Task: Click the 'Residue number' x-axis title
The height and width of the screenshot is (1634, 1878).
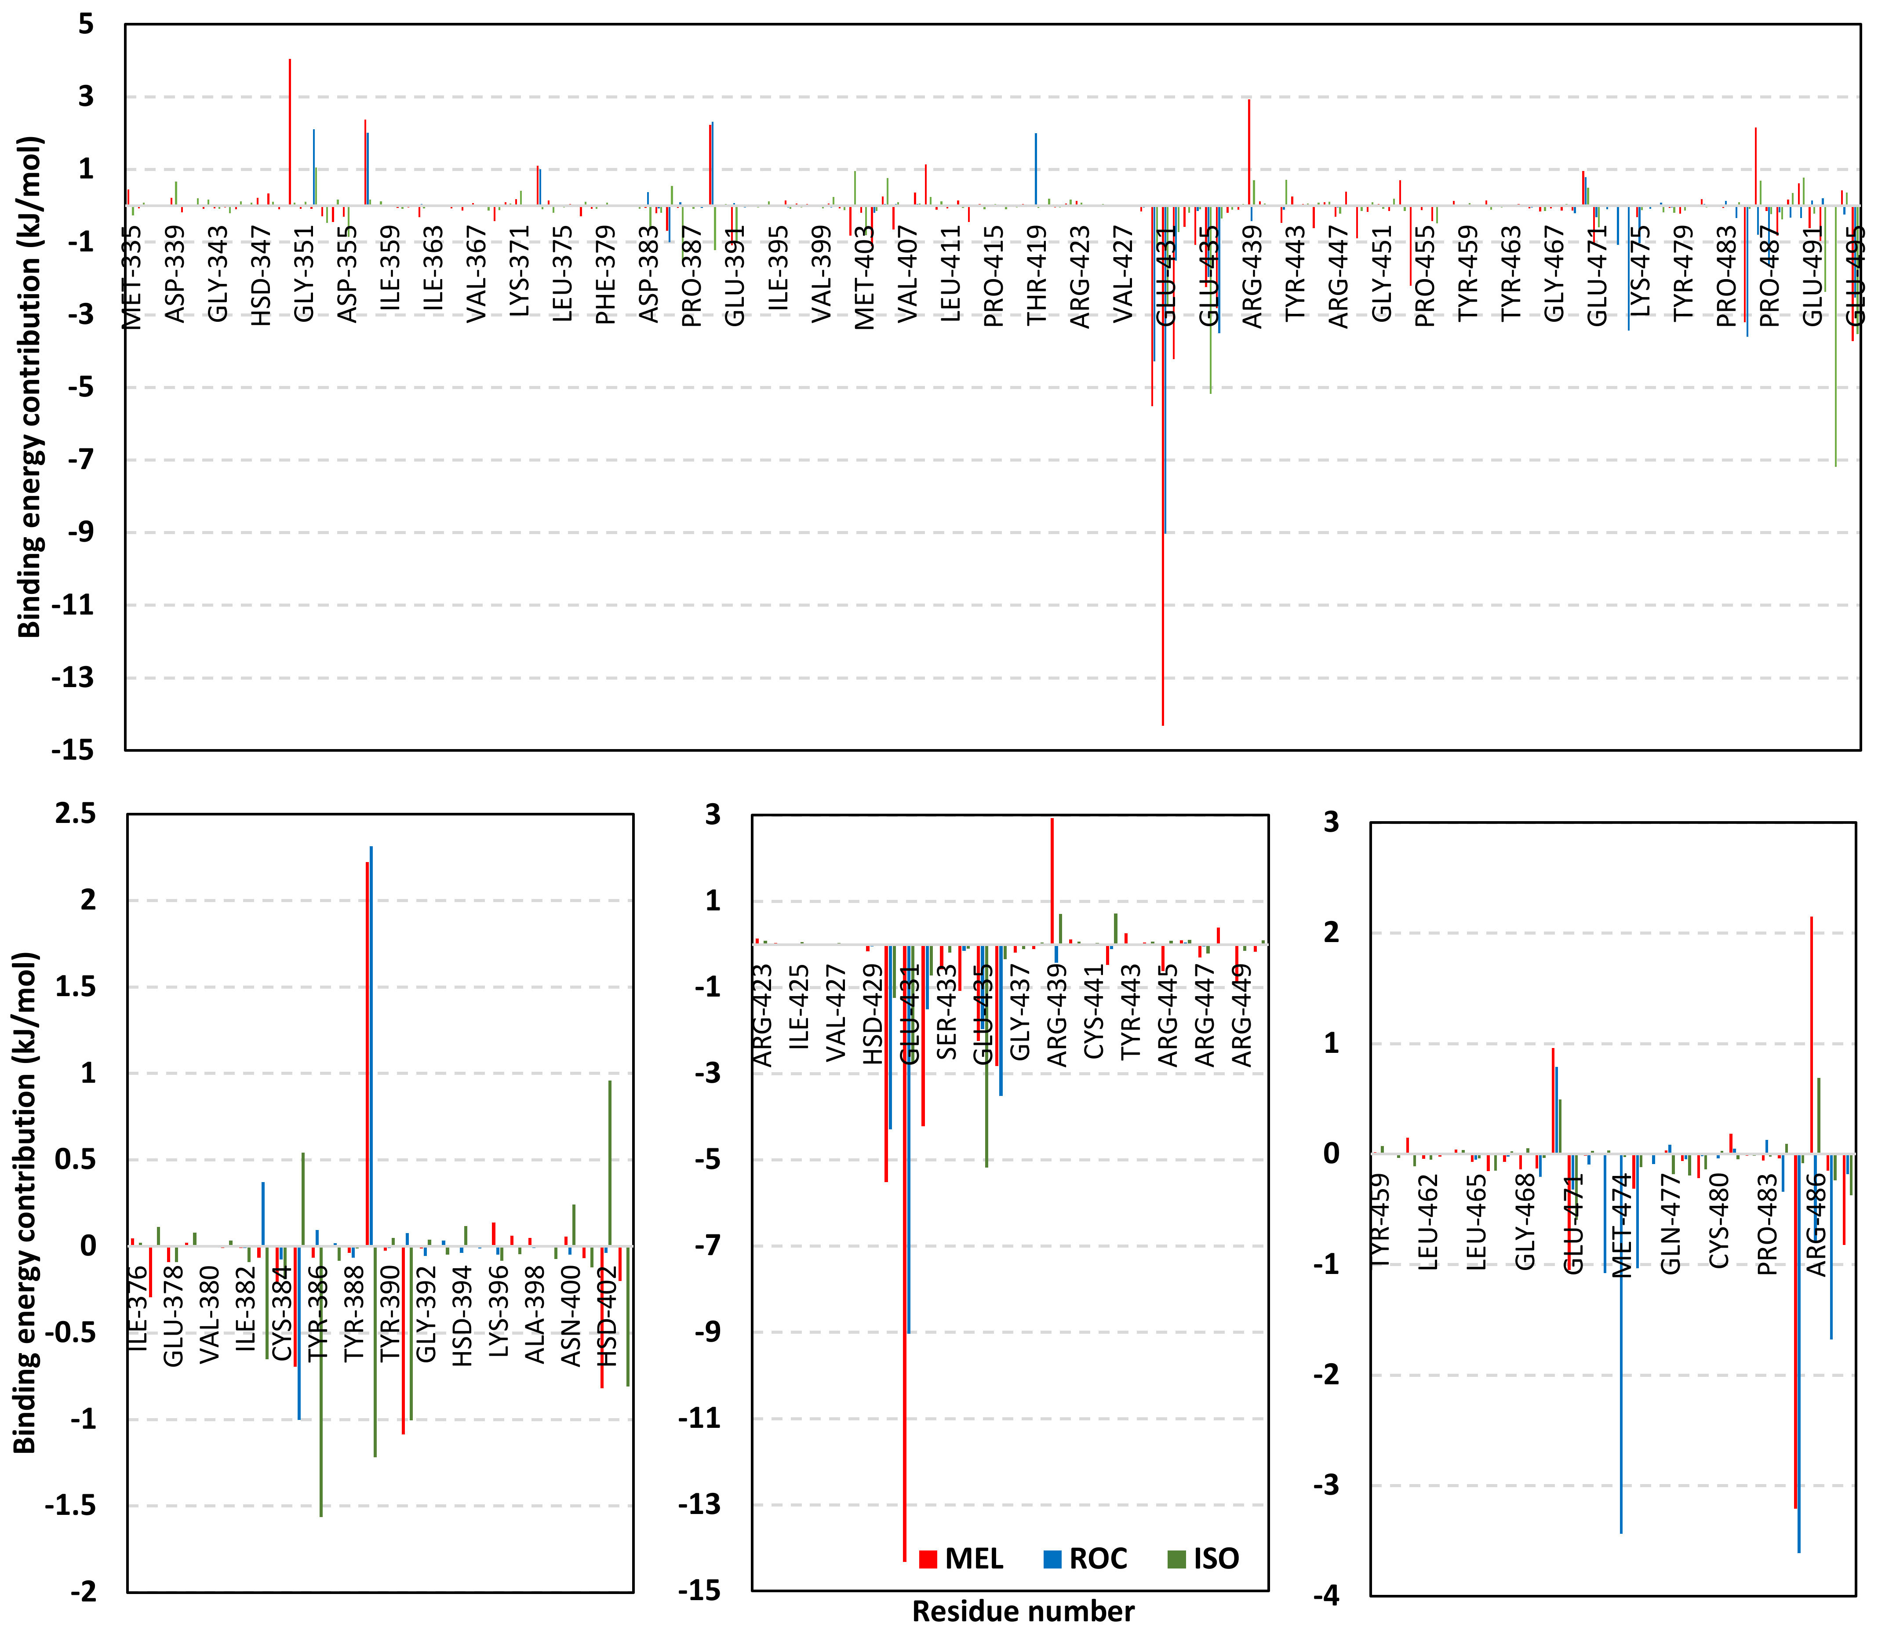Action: (1023, 1611)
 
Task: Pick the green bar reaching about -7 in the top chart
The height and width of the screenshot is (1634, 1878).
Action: (1835, 337)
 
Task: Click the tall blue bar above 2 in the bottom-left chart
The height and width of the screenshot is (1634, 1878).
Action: (371, 1048)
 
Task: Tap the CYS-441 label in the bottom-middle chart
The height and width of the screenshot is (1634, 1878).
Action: (1094, 1012)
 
